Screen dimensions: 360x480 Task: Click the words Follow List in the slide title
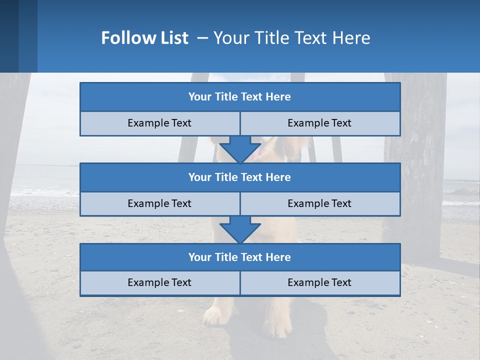coord(144,38)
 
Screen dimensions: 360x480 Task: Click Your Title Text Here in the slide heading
coord(291,38)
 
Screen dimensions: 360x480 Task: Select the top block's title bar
coord(240,97)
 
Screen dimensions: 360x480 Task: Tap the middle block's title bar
coord(240,177)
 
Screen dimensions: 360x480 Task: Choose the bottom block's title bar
coord(240,257)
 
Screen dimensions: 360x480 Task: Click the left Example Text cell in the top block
coord(159,123)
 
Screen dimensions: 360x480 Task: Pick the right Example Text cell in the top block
coord(319,123)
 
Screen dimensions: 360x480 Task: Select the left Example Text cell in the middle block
coord(159,203)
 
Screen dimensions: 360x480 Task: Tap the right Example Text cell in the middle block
coord(319,203)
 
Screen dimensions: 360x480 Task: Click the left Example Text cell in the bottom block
coord(159,282)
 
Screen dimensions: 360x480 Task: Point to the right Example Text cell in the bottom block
coord(319,282)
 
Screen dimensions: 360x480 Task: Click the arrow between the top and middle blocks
coord(240,149)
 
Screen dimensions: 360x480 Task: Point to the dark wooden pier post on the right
coord(415,165)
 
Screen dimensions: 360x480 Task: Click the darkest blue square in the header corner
coord(9,36)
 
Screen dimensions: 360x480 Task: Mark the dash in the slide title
coord(202,38)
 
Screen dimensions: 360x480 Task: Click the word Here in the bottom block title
coord(278,257)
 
